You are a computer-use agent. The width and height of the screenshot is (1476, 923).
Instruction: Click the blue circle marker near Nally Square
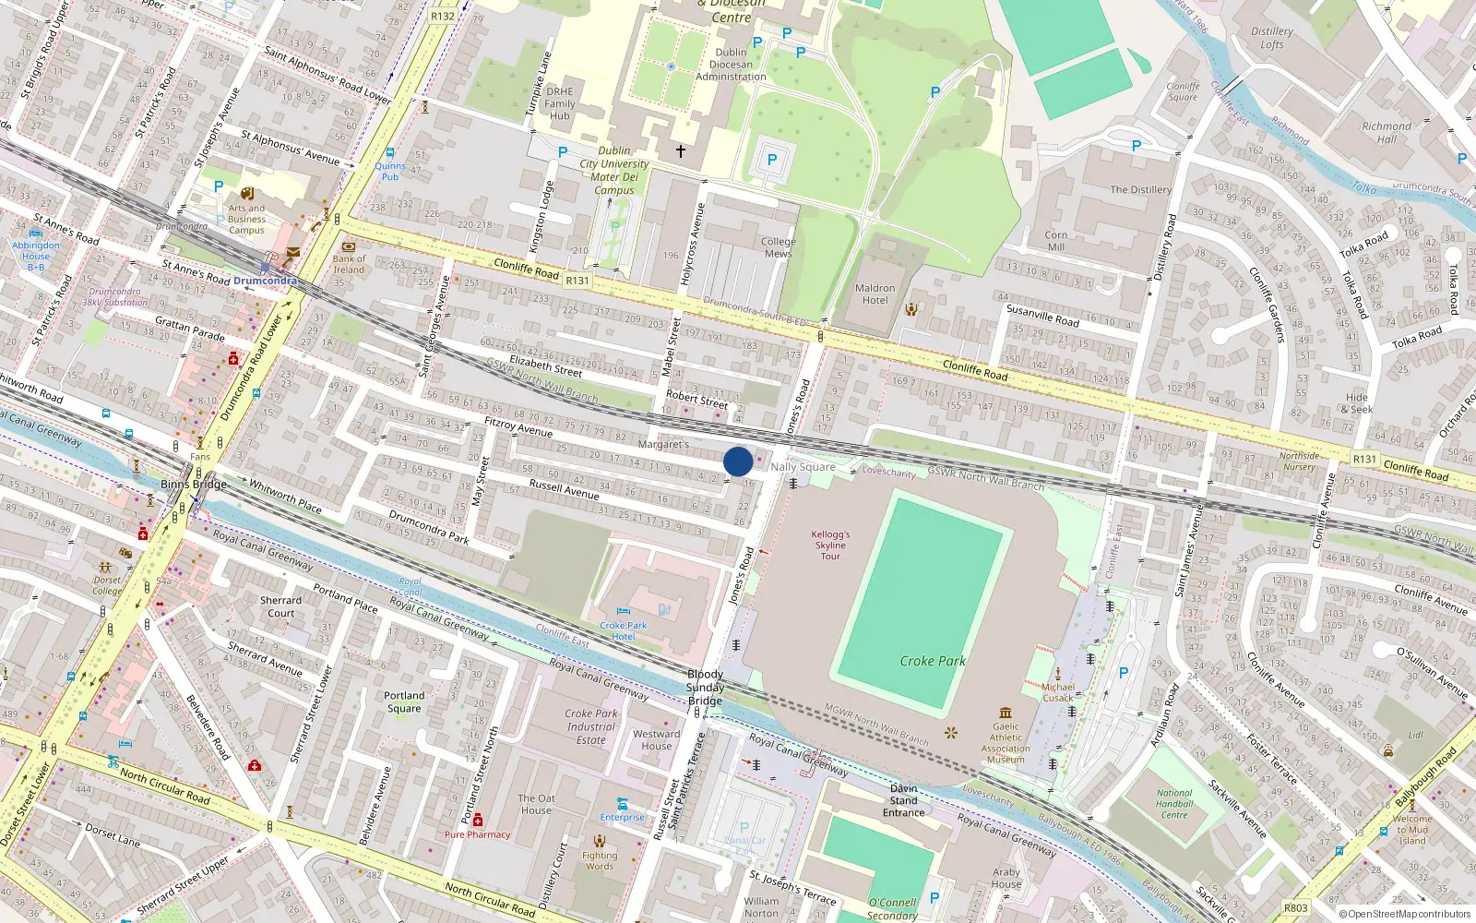click(738, 461)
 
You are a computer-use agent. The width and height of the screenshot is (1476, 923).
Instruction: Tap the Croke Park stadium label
click(933, 661)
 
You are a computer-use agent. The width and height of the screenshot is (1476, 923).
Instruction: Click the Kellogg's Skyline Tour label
click(830, 545)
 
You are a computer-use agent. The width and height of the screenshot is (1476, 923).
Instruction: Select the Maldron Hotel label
click(875, 294)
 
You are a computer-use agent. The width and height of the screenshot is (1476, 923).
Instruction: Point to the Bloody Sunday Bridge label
click(705, 688)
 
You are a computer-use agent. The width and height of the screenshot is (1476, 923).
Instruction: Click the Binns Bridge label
click(194, 485)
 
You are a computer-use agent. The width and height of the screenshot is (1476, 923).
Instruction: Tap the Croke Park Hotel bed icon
click(624, 612)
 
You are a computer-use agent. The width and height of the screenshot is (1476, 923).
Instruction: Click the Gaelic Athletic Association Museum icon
click(1006, 713)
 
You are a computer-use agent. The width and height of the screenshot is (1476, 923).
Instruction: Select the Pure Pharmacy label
click(477, 834)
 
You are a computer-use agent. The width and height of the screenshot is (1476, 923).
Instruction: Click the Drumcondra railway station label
click(265, 281)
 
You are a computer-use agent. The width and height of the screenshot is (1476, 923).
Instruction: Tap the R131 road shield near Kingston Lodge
click(577, 281)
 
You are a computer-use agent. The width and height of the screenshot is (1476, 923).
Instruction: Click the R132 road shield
click(443, 16)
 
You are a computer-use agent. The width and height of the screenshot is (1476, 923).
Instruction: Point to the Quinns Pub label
click(390, 172)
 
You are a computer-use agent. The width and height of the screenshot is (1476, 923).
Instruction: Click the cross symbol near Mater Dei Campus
click(681, 150)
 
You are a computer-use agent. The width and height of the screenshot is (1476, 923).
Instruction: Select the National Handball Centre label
click(1174, 804)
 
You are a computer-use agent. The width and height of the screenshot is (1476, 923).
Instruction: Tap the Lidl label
click(1415, 736)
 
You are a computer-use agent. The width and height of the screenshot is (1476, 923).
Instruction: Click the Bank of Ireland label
click(349, 264)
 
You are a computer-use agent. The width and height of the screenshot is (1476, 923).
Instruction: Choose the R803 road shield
click(1296, 908)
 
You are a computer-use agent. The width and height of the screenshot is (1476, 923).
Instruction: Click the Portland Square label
click(404, 702)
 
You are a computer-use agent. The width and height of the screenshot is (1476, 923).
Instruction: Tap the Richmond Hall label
click(1387, 133)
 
